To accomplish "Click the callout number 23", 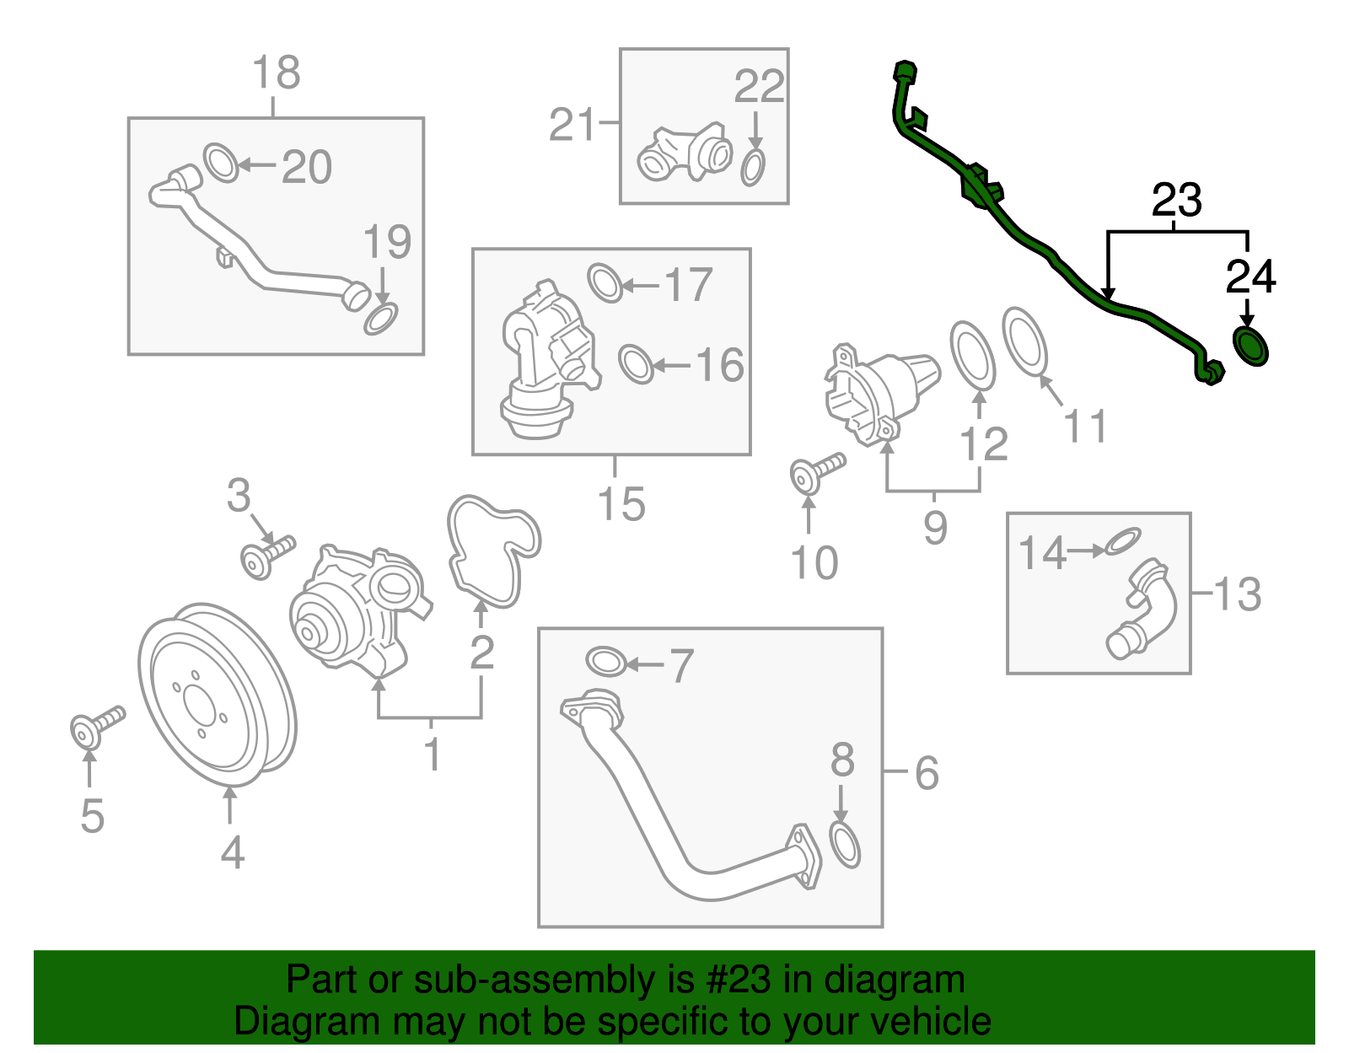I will [x=1176, y=201].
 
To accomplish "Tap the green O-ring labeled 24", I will [x=1250, y=347].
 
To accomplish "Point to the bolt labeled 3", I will [x=266, y=556].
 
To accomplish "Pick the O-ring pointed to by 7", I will [x=605, y=661].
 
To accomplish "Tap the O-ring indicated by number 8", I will [x=845, y=845].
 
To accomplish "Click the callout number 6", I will [x=926, y=772].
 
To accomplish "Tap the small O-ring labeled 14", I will [x=1122, y=541].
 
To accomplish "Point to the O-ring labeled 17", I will [x=605, y=282].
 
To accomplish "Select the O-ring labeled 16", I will [x=636, y=364].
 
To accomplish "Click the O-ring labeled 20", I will [x=222, y=163].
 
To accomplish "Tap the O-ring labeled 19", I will [x=380, y=320].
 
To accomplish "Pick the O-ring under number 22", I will [x=754, y=167].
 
